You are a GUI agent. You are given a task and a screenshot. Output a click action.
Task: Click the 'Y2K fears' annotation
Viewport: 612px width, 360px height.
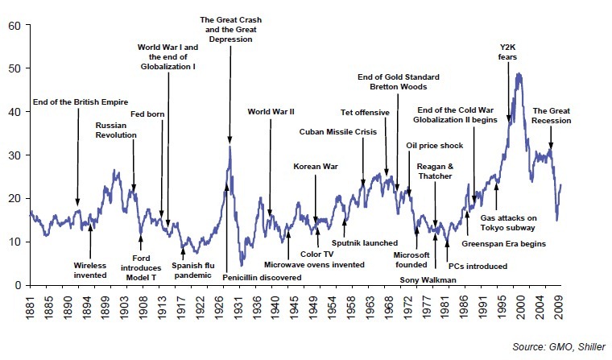508,52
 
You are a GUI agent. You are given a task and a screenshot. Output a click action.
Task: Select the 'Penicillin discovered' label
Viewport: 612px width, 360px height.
263,277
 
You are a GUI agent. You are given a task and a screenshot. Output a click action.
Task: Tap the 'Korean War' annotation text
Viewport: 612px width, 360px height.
314,167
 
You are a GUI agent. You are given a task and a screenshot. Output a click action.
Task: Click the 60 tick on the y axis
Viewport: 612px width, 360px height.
14,25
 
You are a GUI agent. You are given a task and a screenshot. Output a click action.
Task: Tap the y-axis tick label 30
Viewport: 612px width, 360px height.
14,155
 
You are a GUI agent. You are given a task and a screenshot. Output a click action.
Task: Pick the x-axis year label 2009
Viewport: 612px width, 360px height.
558,308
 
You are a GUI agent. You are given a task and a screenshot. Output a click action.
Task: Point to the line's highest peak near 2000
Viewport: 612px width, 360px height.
519,74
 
